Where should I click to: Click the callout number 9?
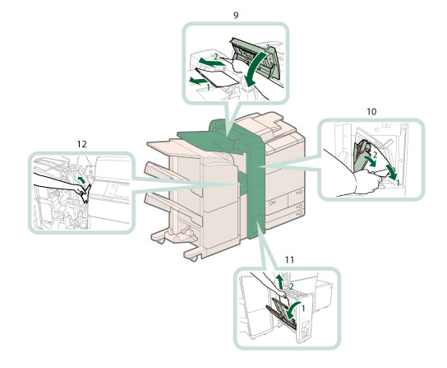236,15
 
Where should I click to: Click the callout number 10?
371,111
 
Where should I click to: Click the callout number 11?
289,259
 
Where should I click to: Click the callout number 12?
81,144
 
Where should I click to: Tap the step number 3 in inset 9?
267,49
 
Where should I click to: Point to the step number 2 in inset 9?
216,57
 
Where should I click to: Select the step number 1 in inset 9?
209,86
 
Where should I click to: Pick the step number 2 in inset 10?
375,155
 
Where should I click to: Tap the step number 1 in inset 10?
398,184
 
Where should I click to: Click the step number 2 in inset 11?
292,286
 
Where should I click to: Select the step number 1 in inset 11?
303,308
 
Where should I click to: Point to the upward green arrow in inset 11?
280,282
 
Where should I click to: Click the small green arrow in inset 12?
81,180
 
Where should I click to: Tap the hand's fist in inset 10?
367,182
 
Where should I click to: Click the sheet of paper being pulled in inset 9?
218,77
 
